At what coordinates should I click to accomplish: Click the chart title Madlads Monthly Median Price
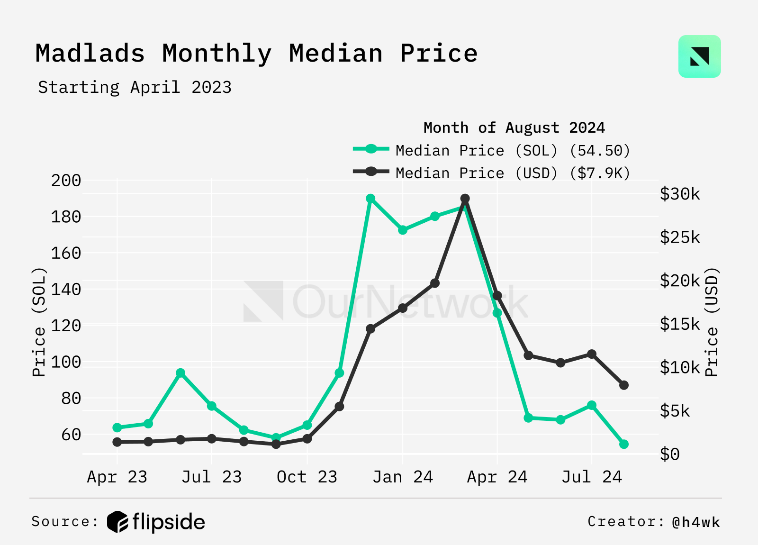click(256, 54)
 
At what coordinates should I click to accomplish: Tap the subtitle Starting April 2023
click(135, 88)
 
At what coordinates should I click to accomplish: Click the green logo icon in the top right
click(699, 56)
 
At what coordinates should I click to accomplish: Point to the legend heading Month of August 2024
click(514, 128)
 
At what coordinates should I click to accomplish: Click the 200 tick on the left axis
click(66, 181)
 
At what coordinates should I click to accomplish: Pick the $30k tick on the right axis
click(679, 194)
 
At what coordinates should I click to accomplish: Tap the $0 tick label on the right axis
click(669, 454)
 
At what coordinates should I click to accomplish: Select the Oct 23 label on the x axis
click(307, 477)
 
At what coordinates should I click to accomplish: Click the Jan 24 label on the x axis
click(403, 477)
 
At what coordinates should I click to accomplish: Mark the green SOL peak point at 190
click(370, 199)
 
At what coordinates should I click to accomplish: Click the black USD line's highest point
click(465, 199)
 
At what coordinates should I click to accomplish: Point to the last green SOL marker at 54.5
click(624, 444)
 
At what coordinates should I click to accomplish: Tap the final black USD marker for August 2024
click(624, 385)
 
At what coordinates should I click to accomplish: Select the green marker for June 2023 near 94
click(180, 373)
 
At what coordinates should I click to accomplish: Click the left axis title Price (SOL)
click(39, 322)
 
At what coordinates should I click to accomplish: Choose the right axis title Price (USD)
click(712, 322)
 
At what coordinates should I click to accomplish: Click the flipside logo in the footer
click(156, 522)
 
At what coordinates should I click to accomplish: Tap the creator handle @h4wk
click(695, 522)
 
